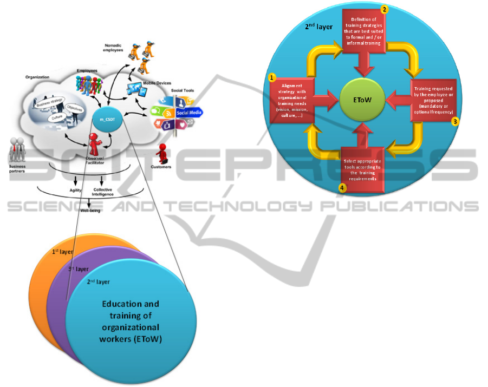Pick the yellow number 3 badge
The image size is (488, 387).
456,122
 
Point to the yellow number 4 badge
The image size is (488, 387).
342,188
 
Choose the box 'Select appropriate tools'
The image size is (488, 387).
362,170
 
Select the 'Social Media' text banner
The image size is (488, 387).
190,113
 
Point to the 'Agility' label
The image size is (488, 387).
75,190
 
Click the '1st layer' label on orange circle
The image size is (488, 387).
63,252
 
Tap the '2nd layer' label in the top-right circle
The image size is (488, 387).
316,25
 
